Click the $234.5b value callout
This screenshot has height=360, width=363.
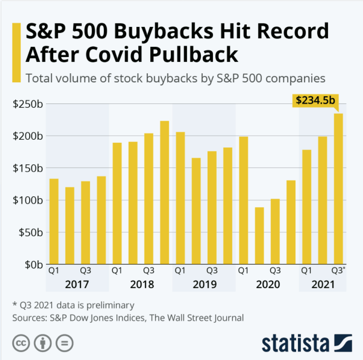click(x=315, y=101)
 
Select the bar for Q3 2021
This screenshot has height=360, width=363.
click(x=338, y=189)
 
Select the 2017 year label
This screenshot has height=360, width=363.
click(x=77, y=284)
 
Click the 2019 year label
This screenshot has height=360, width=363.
click(x=204, y=284)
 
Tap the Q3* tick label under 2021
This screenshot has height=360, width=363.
click(x=339, y=270)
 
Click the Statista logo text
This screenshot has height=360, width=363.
click(x=295, y=343)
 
